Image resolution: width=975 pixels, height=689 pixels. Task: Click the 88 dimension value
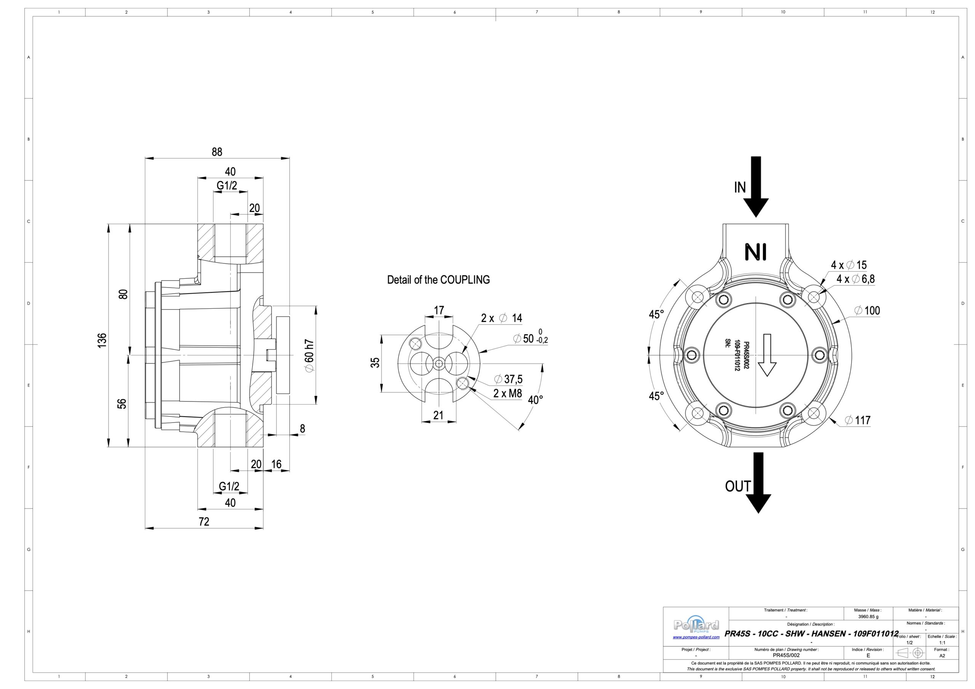click(x=217, y=152)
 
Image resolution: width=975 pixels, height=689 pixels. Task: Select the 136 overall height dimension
click(x=102, y=340)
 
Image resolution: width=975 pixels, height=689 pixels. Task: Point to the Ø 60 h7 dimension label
click(x=310, y=356)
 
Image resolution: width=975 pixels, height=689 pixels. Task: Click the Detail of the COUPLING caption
click(x=438, y=280)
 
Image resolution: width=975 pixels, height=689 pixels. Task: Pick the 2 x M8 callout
click(x=507, y=394)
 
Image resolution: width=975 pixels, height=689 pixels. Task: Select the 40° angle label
click(x=535, y=400)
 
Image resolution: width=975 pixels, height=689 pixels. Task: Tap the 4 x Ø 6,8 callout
click(x=855, y=279)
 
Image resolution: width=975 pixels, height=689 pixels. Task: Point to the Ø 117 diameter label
click(x=857, y=420)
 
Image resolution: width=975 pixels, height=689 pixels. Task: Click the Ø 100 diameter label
click(x=867, y=310)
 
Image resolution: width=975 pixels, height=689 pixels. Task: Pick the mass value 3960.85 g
click(x=868, y=617)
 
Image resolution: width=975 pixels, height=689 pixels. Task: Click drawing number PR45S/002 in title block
click(x=786, y=656)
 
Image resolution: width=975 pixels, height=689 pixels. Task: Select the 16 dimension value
click(x=276, y=464)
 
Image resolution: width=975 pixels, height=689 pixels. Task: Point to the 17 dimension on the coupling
click(x=439, y=310)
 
